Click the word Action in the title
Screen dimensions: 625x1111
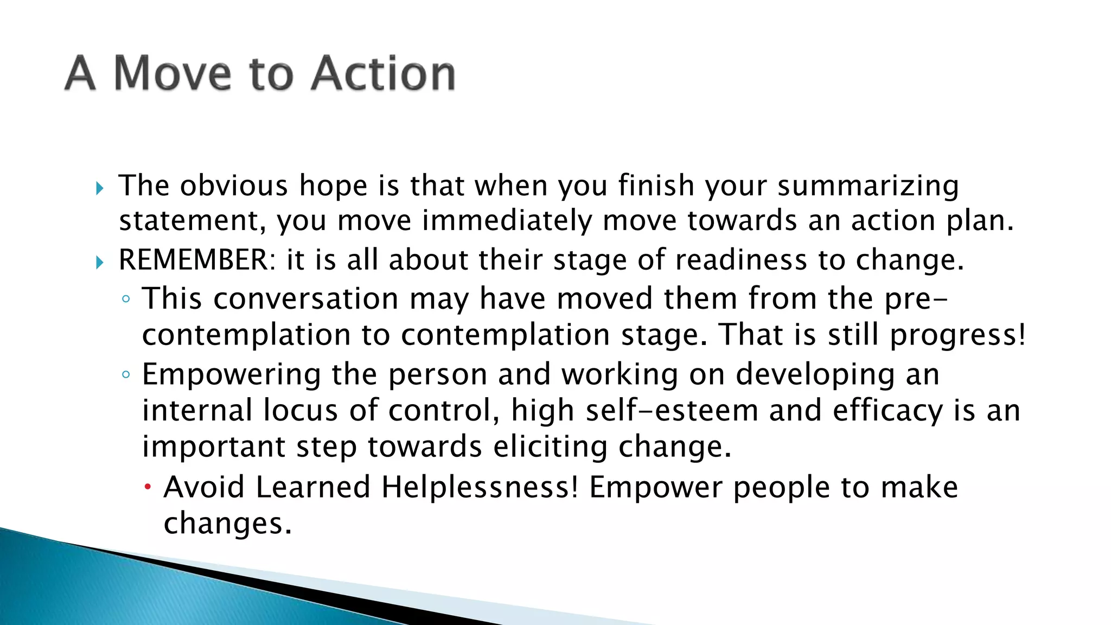pyautogui.click(x=383, y=73)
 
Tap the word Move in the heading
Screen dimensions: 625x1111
pyautogui.click(x=173, y=73)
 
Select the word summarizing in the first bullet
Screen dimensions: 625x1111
pyautogui.click(x=868, y=186)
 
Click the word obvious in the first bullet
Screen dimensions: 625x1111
pyautogui.click(x=234, y=186)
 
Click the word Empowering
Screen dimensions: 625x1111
pyautogui.click(x=232, y=375)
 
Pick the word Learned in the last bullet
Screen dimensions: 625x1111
pyautogui.click(x=312, y=487)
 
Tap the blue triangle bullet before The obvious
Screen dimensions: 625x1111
pyautogui.click(x=99, y=189)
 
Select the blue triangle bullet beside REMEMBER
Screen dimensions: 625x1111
pyautogui.click(x=99, y=263)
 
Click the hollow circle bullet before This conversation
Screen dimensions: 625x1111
pyautogui.click(x=126, y=299)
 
